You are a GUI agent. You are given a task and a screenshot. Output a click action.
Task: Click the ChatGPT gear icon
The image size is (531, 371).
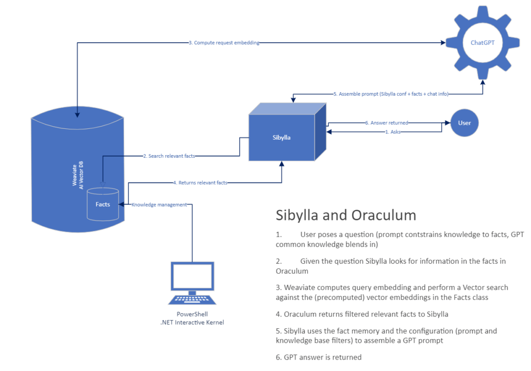click(483, 43)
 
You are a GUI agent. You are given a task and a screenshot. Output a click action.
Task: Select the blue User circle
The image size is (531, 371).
click(464, 123)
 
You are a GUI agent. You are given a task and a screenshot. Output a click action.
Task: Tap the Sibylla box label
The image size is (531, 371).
click(281, 138)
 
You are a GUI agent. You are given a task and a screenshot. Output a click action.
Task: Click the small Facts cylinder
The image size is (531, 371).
click(103, 204)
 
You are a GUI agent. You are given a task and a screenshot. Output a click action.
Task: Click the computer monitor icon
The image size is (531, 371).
click(192, 278)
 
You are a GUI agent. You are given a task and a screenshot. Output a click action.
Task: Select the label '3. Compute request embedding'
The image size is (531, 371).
click(223, 43)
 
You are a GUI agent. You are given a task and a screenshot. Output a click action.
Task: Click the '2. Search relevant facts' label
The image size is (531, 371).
click(169, 155)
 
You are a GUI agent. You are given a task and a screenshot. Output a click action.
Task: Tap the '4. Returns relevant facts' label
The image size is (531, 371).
click(200, 182)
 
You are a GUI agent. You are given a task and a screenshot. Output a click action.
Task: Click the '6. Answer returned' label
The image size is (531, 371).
click(386, 123)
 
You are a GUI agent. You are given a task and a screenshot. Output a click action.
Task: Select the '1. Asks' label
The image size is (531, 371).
click(393, 132)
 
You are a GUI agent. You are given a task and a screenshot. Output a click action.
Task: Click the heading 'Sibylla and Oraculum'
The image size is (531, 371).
click(345, 214)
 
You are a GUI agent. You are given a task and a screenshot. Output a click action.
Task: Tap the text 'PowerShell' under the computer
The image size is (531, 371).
click(192, 314)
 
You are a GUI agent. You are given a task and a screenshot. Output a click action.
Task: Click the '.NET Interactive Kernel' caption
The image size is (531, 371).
click(192, 323)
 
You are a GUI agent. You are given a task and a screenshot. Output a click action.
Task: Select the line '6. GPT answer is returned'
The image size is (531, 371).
click(319, 357)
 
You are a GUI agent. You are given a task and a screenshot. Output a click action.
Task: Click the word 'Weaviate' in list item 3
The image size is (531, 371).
click(302, 287)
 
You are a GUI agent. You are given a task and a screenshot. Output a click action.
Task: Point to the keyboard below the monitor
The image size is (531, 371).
click(192, 299)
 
